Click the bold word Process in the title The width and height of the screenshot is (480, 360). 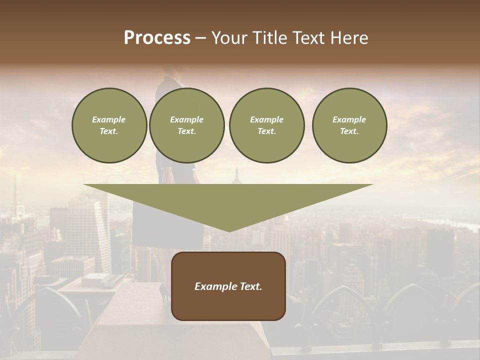157,38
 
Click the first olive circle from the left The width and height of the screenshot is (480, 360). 109,125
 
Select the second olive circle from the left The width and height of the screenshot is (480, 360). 187,125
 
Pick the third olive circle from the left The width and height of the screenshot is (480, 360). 266,125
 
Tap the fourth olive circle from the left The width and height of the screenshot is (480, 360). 349,125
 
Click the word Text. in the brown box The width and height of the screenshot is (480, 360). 249,286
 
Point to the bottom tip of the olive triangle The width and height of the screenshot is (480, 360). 229,231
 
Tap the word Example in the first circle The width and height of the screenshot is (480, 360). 109,119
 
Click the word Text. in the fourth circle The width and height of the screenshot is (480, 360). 349,131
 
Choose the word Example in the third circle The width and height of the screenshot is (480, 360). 266,119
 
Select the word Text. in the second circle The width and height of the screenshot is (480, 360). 187,131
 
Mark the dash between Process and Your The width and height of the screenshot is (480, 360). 201,38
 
